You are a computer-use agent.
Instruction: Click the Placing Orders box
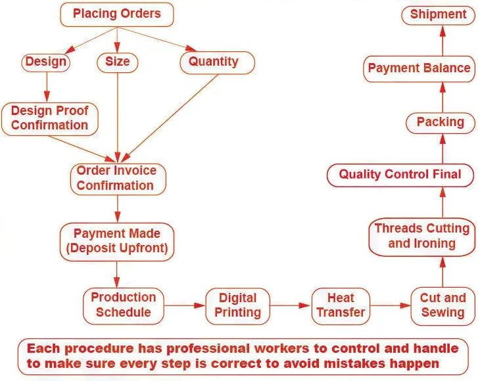[117, 14]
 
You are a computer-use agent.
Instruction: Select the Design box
[46, 62]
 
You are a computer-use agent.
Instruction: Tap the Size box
[118, 62]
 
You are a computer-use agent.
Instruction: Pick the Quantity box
[214, 62]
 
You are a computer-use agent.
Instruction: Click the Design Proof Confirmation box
[49, 118]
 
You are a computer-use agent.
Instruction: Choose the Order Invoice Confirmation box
[117, 178]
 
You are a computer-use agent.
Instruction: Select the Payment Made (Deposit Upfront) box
[117, 241]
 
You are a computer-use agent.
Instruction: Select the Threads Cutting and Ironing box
[421, 236]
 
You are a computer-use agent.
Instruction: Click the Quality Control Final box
[400, 175]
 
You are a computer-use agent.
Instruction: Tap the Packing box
[441, 122]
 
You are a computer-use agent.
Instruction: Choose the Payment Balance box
[419, 68]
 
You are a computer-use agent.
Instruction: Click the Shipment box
[438, 14]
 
